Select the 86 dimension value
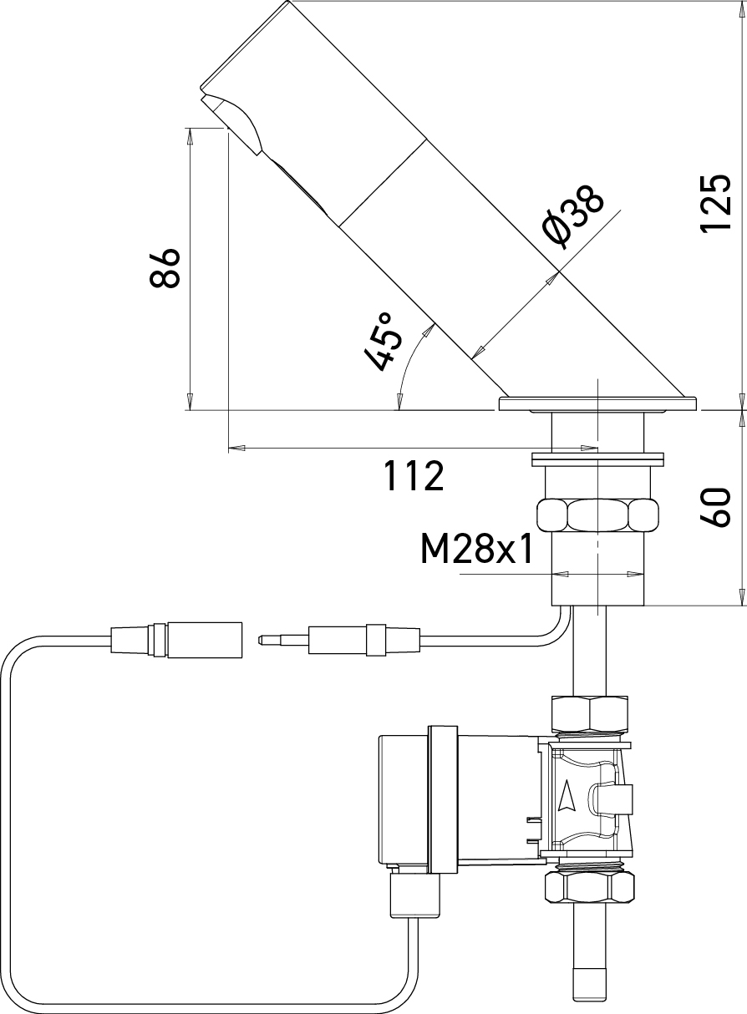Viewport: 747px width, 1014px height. point(166,267)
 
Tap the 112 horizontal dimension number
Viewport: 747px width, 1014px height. point(413,476)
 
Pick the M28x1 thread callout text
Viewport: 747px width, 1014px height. point(476,550)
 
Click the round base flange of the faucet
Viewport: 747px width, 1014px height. point(598,404)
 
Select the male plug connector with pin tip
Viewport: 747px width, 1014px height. point(334,641)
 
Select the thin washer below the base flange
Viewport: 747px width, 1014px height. point(598,458)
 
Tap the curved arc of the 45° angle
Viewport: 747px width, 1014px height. point(409,364)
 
